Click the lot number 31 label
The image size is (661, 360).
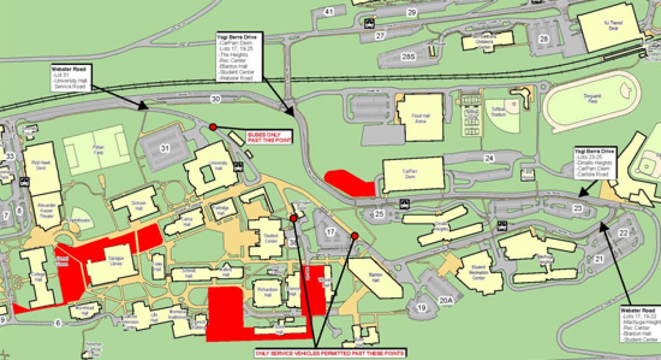(165, 149)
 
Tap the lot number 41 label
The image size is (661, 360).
(329, 12)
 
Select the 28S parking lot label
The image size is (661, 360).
(408, 57)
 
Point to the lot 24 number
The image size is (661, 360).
(489, 158)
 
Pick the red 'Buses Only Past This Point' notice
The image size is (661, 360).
(269, 137)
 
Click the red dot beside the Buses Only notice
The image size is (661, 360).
(213, 127)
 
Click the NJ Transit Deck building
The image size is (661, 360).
(609, 27)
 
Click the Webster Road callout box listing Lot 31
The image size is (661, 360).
(71, 78)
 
